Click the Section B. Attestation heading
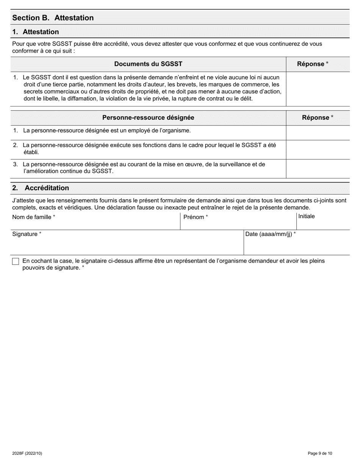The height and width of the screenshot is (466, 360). click(53, 18)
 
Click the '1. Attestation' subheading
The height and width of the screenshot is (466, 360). click(36, 32)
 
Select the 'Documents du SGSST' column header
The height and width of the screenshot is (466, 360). click(148, 64)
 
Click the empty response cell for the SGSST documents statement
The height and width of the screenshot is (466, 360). click(318, 89)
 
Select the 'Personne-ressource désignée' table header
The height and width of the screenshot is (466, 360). click(148, 117)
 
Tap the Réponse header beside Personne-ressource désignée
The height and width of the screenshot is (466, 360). click(318, 117)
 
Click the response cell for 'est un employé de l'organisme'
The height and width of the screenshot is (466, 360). click(318, 133)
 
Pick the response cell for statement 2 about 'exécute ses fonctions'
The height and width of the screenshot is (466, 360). click(318, 149)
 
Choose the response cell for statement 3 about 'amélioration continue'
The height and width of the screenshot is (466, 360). click(318, 169)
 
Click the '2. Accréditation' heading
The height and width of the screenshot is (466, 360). click(41, 188)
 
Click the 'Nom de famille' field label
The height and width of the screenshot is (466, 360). click(34, 217)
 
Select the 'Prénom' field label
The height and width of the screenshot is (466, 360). click(196, 217)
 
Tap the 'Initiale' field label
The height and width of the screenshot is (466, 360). click(307, 216)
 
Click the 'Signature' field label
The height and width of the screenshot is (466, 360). click(27, 234)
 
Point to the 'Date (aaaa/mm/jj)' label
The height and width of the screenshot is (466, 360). click(271, 234)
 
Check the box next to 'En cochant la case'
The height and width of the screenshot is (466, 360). click(16, 261)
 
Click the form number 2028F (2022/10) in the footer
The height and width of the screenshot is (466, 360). click(27, 453)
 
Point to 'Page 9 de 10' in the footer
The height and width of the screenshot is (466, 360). click(320, 453)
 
